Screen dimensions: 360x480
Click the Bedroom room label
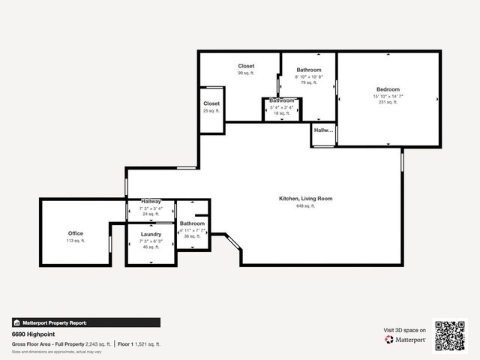pyautogui.click(x=388, y=89)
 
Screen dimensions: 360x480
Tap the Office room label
pyautogui.click(x=76, y=233)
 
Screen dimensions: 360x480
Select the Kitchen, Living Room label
pyautogui.click(x=305, y=198)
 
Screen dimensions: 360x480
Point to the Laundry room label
pyautogui.click(x=151, y=234)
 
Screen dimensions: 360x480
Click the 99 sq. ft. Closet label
pyautogui.click(x=246, y=66)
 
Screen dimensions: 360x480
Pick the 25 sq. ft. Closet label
pyautogui.click(x=211, y=103)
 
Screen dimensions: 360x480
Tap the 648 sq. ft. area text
pyautogui.click(x=305, y=205)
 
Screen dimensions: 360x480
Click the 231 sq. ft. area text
pyautogui.click(x=388, y=102)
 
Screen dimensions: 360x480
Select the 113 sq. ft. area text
pyautogui.click(x=76, y=241)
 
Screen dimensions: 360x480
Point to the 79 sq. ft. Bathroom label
pyautogui.click(x=308, y=70)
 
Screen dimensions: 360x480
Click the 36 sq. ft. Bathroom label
pyautogui.click(x=193, y=223)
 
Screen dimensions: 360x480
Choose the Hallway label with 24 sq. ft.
pyautogui.click(x=151, y=202)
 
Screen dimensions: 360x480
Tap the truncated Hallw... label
pyautogui.click(x=323, y=130)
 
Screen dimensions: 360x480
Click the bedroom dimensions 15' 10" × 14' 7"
pyautogui.click(x=388, y=96)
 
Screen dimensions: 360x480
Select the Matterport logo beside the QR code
pyautogui.click(x=406, y=340)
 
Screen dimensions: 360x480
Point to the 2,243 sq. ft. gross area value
pyautogui.click(x=97, y=343)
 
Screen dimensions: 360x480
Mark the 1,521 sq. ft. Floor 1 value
pyautogui.click(x=148, y=343)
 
